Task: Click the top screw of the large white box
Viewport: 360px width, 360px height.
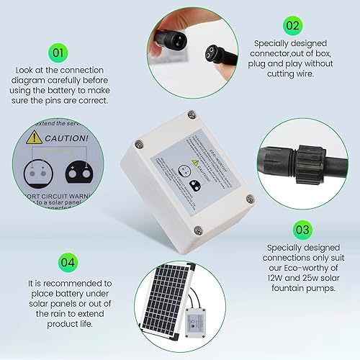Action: (190, 114)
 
